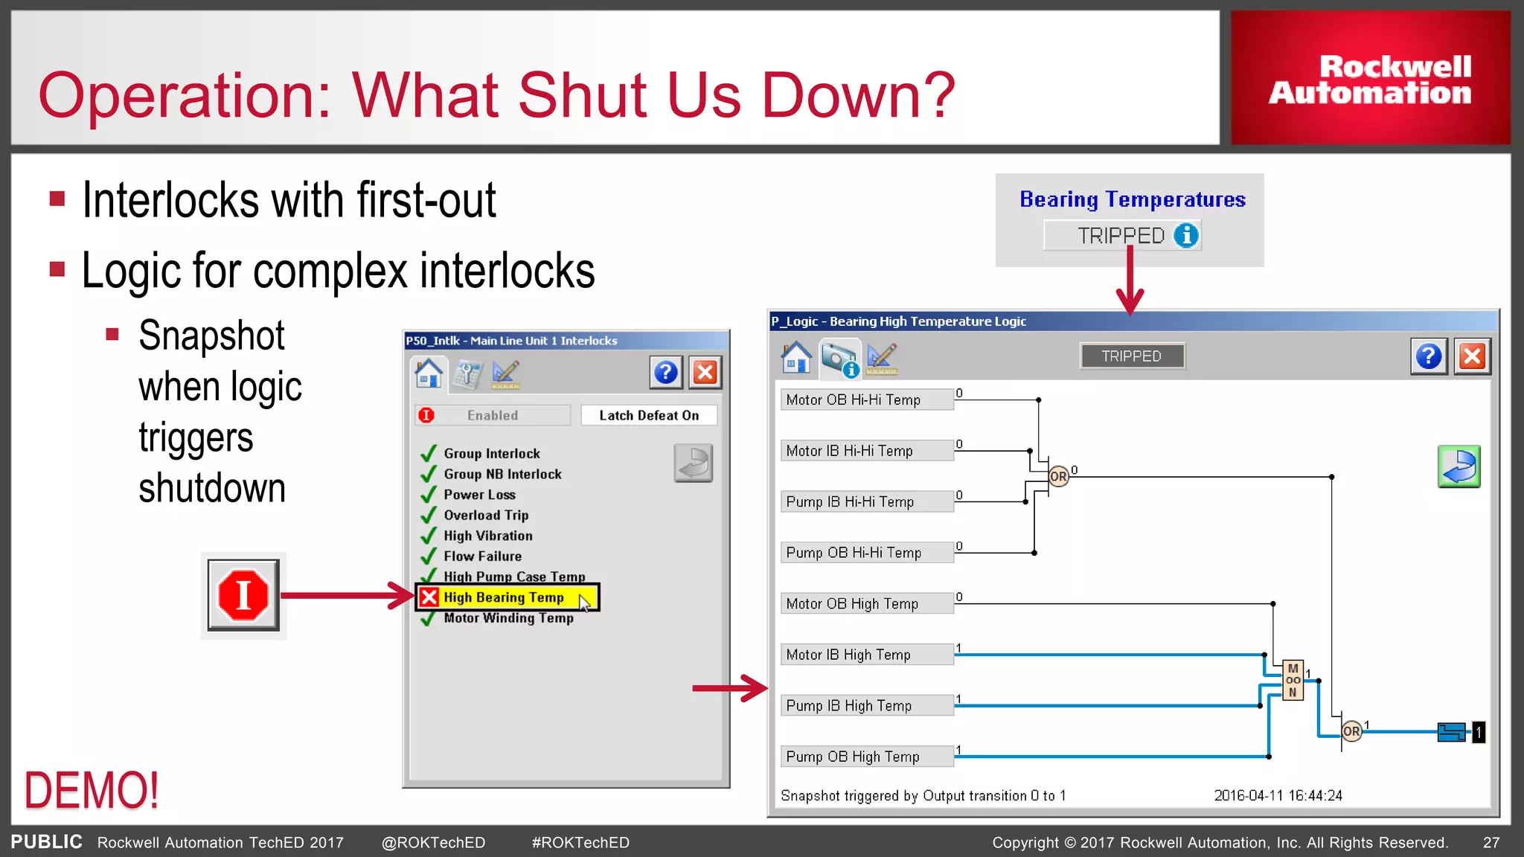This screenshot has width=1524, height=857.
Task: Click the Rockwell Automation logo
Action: (1370, 79)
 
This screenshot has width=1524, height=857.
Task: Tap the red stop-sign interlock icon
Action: (243, 595)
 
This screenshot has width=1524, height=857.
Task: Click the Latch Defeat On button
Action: (649, 415)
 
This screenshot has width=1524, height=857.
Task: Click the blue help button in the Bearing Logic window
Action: (1429, 356)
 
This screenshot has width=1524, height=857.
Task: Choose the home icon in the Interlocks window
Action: (429, 372)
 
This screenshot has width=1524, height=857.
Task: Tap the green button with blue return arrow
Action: (1459, 466)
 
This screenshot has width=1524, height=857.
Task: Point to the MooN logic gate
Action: (1293, 680)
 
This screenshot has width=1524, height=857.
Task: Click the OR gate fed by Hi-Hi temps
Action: (1058, 476)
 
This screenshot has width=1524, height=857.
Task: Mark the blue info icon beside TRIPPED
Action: (1186, 235)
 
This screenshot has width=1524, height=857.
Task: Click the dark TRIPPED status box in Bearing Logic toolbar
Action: (1132, 356)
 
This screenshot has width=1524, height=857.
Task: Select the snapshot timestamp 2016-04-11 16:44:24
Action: (1278, 795)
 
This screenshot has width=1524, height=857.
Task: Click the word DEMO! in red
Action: (92, 789)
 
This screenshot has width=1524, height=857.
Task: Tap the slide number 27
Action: (1491, 842)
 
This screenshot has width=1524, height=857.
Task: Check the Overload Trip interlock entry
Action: (486, 515)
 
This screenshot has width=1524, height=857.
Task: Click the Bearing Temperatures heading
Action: (1132, 199)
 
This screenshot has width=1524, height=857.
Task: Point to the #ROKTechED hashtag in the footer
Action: (580, 842)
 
